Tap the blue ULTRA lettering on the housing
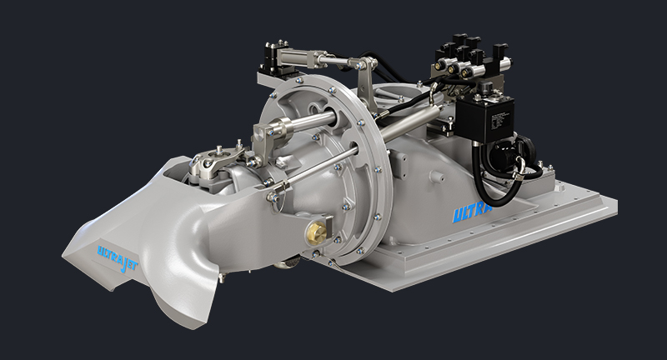pos(473,214)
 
